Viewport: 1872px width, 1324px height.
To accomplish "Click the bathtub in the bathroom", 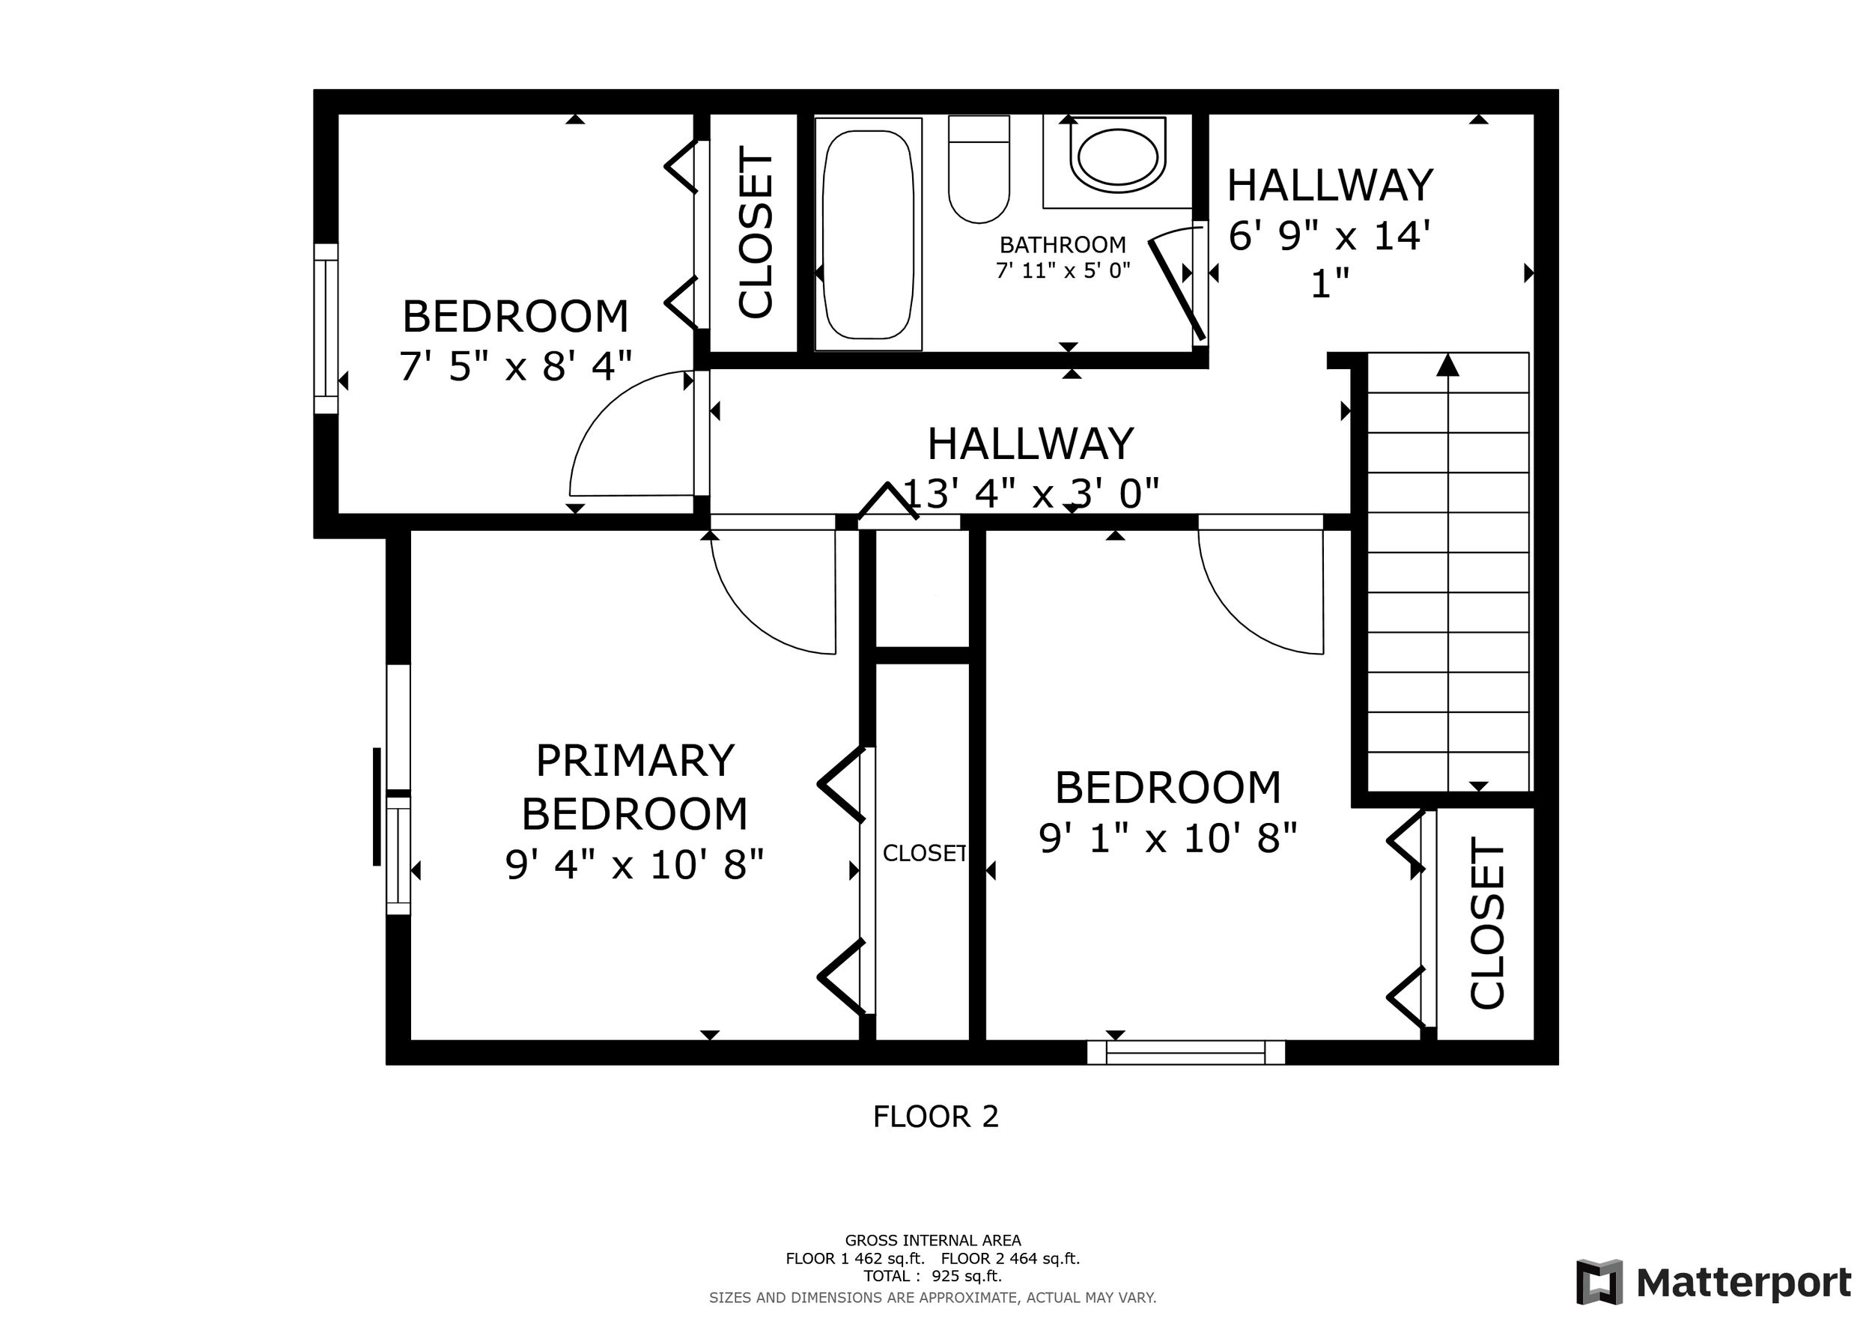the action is point(868,234).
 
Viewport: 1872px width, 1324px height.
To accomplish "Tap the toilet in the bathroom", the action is point(979,168).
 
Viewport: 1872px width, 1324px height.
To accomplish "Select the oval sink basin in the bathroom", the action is point(1117,155).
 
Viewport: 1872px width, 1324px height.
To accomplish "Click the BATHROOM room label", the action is point(1063,245).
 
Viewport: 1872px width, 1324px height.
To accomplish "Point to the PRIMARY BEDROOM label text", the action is point(634,787).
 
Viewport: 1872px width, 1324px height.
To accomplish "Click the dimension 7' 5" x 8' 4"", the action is point(515,366).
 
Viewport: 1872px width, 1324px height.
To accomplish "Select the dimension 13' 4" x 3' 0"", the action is point(1031,494).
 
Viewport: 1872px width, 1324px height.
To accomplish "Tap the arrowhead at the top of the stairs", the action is point(1447,365).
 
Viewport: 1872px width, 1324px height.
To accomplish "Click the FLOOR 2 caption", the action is point(936,1116).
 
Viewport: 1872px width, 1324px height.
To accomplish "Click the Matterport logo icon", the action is point(1599,1281).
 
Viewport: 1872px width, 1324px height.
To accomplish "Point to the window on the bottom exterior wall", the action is point(1186,1052).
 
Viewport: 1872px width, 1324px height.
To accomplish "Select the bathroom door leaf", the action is point(1176,289).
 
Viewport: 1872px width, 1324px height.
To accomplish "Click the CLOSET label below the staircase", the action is point(1486,923).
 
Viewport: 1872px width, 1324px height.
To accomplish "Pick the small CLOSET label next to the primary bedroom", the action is point(925,853).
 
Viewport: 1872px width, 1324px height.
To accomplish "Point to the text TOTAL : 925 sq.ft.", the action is point(933,1276).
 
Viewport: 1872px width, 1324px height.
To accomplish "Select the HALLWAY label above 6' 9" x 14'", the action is point(1330,185).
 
